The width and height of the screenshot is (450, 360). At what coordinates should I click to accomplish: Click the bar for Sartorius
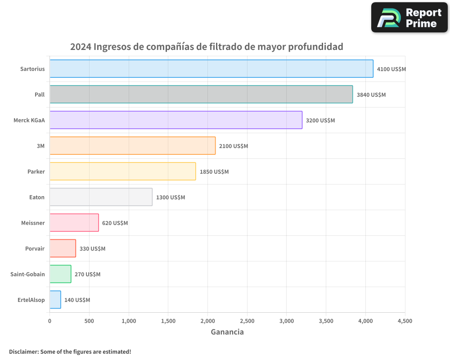[x=211, y=69]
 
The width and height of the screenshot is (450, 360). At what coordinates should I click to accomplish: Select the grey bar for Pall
[x=201, y=94]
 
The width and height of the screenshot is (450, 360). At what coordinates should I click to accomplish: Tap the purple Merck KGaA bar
[x=175, y=120]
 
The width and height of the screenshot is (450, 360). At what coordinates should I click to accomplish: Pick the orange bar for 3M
[x=132, y=146]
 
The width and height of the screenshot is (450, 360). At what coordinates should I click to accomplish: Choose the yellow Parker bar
[x=122, y=171]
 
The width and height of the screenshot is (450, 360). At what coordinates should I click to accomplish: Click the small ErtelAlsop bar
[x=55, y=300]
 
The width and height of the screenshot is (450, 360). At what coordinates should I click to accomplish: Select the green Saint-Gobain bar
[x=60, y=274]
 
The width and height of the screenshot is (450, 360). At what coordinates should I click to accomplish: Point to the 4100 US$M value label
[x=391, y=69]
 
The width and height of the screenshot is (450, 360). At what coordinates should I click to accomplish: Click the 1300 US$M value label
[x=171, y=198]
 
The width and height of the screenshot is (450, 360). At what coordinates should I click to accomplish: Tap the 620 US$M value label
[x=115, y=223]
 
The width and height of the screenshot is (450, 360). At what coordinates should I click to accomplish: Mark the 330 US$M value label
[x=92, y=249]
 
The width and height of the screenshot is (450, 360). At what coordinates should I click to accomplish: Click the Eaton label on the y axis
[x=37, y=197]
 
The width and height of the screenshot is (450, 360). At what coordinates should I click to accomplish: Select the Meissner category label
[x=33, y=223]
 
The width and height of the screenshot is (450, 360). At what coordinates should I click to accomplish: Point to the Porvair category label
[x=35, y=248]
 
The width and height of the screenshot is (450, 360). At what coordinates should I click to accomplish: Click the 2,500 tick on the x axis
[x=247, y=321]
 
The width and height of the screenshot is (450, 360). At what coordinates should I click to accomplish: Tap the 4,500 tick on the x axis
[x=405, y=321]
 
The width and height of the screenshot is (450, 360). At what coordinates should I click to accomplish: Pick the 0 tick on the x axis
[x=49, y=321]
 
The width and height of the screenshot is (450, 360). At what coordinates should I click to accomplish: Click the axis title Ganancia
[x=227, y=332]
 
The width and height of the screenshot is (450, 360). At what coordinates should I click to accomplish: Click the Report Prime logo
[x=409, y=18]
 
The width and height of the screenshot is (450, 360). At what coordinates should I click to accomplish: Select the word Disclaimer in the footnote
[x=23, y=351]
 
